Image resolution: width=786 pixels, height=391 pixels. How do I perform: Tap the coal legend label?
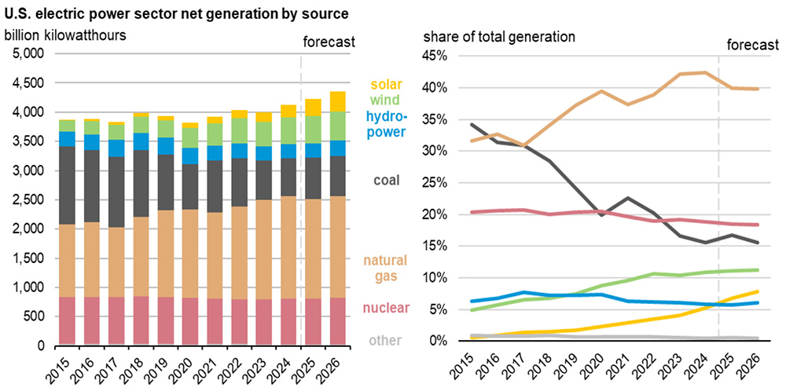pos(386,181)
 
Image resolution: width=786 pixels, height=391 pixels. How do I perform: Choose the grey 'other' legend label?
pos(387,340)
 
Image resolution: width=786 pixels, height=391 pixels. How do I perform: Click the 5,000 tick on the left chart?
pos(28,54)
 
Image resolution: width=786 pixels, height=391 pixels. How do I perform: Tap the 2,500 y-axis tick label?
pos(28,199)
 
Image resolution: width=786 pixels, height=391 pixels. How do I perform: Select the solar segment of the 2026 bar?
pos(337,101)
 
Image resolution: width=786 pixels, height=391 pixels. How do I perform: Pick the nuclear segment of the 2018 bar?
pos(141,320)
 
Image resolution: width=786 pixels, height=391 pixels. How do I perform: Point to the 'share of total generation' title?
pos(499,36)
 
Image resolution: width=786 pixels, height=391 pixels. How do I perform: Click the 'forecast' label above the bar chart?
pos(329,41)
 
